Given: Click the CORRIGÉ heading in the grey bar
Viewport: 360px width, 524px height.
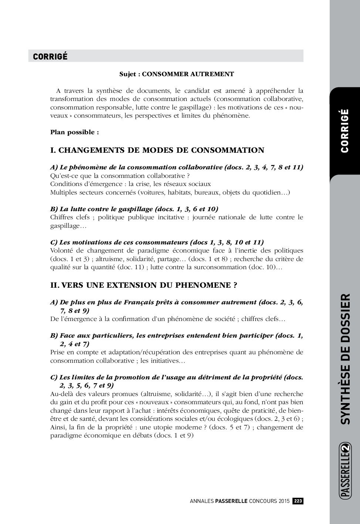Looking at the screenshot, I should coord(50,56).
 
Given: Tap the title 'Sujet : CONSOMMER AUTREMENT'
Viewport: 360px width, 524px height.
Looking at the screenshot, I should coord(176,74).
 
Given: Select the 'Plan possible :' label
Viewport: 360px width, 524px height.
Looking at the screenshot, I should coord(74,132).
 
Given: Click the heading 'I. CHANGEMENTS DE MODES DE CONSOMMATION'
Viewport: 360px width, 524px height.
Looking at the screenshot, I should coord(157,150).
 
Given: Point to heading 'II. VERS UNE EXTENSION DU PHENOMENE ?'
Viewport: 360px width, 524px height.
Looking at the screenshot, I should coord(143,285).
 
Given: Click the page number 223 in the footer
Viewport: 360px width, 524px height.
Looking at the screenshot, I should coord(298,501).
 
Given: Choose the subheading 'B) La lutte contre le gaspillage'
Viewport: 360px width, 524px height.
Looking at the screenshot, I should coord(134,209).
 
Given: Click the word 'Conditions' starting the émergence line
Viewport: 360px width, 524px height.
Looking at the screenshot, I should coord(65,184).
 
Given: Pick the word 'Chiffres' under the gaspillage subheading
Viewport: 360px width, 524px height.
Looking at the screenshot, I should coord(62,217).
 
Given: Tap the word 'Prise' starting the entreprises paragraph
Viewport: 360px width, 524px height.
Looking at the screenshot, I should coord(58,352).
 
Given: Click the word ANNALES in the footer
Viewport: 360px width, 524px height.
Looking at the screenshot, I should coord(202,501).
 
